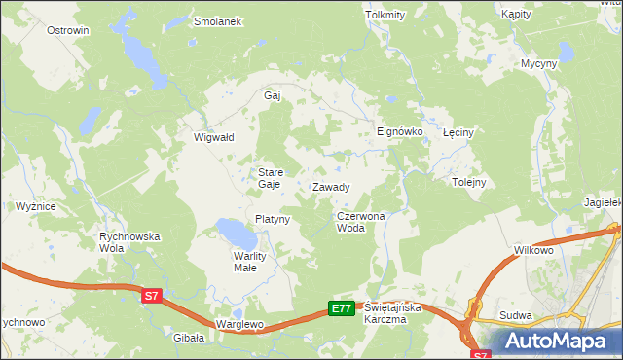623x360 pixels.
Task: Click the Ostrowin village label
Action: pos(68,30)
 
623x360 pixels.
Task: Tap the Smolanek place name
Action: pos(217,21)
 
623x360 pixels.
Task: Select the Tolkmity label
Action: pos(384,16)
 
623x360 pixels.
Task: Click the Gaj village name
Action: pos(273,95)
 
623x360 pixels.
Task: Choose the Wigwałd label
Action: pos(214,137)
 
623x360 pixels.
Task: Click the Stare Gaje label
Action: pos(270,177)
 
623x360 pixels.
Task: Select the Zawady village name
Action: pos(331,186)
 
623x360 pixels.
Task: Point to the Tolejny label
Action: pos(469,182)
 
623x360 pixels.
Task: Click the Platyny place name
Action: pos(273,219)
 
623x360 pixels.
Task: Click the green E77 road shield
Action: pos(341,308)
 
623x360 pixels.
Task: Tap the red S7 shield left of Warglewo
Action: pos(150,295)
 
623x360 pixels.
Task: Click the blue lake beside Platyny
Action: pos(235,233)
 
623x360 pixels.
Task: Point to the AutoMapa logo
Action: pos(558,342)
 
